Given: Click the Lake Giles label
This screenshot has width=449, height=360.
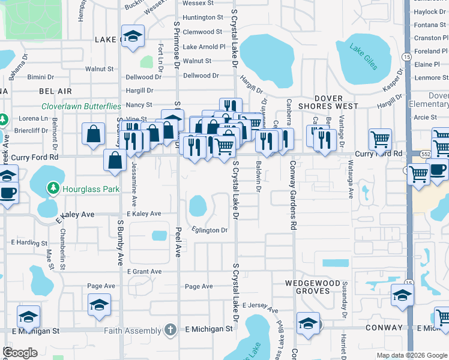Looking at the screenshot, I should (x=364, y=56).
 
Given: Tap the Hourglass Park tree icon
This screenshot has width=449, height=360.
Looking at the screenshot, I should (x=53, y=189).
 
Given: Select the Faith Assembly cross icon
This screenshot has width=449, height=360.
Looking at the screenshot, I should (x=170, y=330).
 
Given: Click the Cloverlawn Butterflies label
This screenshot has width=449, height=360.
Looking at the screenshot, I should (x=81, y=106).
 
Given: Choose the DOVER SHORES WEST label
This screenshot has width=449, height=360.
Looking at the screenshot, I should (x=328, y=102).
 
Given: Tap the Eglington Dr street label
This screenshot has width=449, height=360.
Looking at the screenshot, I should (x=209, y=230).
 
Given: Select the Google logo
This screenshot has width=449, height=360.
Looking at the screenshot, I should (x=20, y=353).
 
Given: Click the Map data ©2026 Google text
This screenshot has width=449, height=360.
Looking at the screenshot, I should (x=411, y=355).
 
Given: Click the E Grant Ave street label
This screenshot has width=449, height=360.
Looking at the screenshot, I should (x=144, y=272).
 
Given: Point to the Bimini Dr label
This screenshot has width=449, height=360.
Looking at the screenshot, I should (x=40, y=77).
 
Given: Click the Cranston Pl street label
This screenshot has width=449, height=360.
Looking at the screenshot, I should (x=430, y=38).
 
